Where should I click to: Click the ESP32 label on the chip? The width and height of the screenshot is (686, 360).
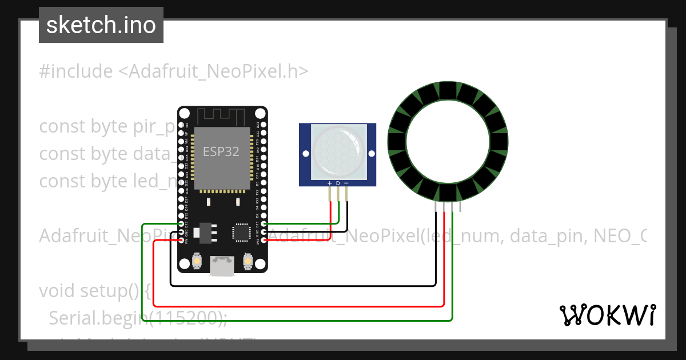[221, 151]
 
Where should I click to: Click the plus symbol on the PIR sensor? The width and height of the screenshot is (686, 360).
[329, 183]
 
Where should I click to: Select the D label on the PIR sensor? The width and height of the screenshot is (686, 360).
[338, 183]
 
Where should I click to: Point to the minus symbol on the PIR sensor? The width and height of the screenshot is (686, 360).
[346, 183]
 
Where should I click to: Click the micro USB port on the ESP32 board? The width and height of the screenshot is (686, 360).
[222, 266]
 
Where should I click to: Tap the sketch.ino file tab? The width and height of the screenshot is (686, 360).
[101, 25]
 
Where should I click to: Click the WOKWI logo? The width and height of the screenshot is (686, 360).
[608, 315]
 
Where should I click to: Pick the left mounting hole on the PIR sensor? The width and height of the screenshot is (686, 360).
[306, 154]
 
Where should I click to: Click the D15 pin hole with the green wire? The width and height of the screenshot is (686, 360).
[264, 224]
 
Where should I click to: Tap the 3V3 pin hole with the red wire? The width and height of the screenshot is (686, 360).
[264, 240]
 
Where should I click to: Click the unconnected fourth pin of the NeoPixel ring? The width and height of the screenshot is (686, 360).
[461, 207]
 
